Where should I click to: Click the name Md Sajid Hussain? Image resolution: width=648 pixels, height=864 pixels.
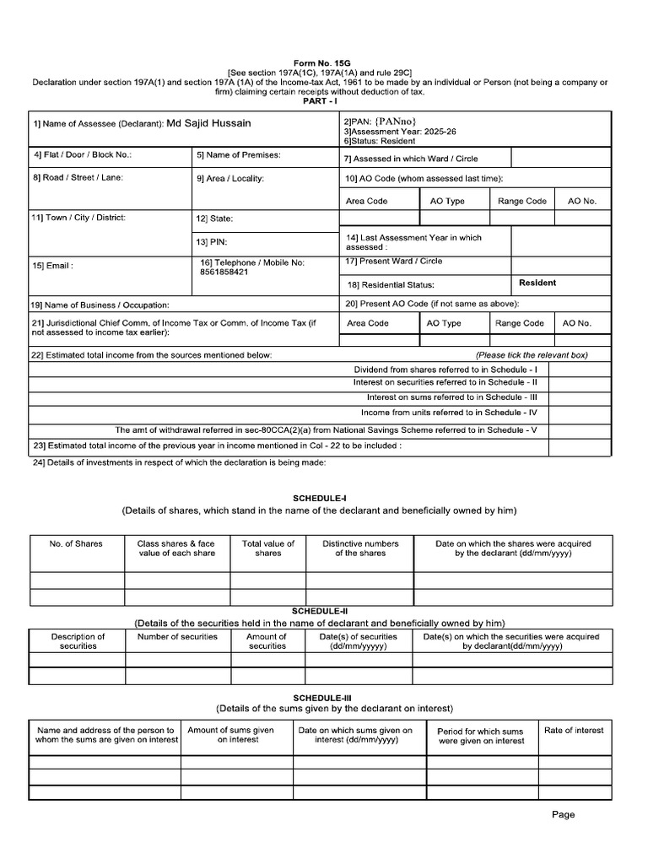coord(208,123)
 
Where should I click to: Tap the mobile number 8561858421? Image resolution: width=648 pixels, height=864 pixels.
coord(224,273)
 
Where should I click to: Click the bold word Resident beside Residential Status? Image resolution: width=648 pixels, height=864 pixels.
coord(537,283)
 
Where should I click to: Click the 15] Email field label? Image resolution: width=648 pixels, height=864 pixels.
coord(53,266)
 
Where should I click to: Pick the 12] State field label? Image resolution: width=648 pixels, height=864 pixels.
coord(214,219)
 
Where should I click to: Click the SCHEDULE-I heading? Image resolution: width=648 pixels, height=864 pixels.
coord(320,499)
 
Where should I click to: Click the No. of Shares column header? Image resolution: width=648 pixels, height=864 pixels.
coord(76,544)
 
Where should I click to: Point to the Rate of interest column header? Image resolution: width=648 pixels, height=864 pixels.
coord(574,731)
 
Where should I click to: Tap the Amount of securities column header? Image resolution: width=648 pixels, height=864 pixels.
coord(267,641)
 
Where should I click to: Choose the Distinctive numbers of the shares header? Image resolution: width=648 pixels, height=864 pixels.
coord(360,548)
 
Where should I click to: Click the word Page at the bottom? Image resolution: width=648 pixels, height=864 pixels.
coord(563,815)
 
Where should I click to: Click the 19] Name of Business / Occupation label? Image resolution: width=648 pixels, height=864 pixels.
coord(100,305)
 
